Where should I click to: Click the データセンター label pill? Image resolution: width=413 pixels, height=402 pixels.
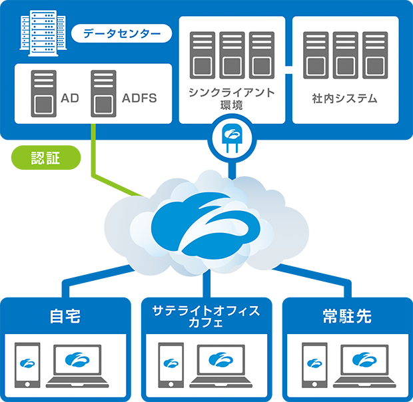[121, 33]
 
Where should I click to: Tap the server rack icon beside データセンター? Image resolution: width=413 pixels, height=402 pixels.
[37, 31]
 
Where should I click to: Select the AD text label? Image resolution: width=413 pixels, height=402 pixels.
[70, 99]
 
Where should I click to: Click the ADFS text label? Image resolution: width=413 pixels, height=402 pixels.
[140, 99]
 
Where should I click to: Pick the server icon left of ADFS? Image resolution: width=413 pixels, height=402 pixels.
[103, 93]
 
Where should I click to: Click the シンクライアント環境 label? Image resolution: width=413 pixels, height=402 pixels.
[232, 99]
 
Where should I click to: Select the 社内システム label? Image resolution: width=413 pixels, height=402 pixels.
[345, 99]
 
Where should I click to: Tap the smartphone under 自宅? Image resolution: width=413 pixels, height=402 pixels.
[27, 365]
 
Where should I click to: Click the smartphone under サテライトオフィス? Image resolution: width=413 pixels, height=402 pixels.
[171, 365]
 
